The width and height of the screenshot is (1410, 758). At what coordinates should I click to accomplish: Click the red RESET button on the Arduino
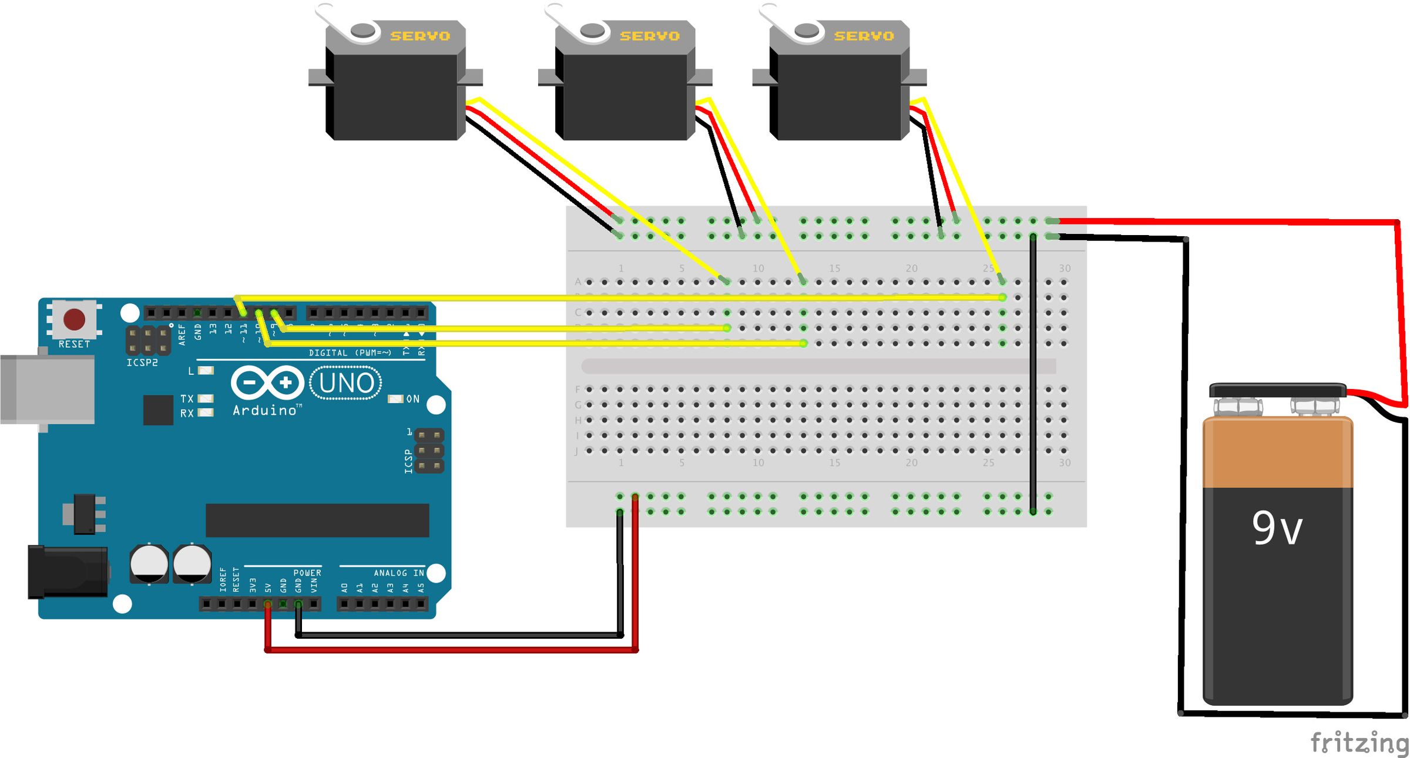[75, 320]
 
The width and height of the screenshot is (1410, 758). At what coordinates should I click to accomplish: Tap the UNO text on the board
[346, 383]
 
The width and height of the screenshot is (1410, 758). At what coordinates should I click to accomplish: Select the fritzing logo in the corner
[1359, 743]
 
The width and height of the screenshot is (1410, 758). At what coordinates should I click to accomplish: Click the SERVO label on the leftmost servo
[420, 36]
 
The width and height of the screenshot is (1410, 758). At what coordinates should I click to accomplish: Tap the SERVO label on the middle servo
[650, 36]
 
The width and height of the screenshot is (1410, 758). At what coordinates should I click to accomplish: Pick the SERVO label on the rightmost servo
[864, 36]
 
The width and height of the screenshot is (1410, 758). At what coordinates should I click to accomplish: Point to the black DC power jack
[68, 572]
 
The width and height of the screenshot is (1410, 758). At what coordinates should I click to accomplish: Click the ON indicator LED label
[412, 399]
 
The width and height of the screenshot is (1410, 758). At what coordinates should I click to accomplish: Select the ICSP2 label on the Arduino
[142, 363]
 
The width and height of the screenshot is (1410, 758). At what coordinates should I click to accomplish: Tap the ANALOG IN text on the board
[399, 573]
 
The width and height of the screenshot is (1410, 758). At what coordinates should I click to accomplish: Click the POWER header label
[307, 573]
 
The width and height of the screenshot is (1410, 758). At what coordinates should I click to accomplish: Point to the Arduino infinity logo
[267, 383]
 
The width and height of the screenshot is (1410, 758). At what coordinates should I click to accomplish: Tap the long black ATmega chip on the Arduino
[317, 520]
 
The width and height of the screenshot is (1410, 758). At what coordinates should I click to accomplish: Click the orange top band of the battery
[1278, 452]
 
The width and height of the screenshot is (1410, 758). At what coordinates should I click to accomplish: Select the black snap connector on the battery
[1278, 390]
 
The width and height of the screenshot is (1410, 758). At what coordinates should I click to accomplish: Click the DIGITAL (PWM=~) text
[350, 353]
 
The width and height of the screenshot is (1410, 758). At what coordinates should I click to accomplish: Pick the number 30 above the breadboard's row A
[1065, 269]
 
